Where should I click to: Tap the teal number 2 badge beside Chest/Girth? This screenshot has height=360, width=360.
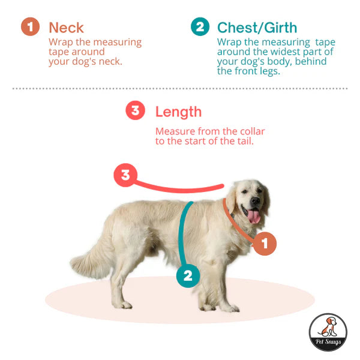(x=200, y=27)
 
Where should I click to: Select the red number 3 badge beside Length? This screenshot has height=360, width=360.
(x=135, y=111)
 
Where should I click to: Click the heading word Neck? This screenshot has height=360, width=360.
(x=66, y=28)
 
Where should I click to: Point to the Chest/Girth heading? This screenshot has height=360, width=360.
(x=257, y=28)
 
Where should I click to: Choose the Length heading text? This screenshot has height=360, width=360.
(x=178, y=112)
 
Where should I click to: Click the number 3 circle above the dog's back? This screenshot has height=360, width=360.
(x=125, y=175)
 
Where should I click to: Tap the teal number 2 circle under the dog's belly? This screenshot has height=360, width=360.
(x=188, y=275)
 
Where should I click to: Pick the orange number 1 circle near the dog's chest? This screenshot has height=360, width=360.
(x=265, y=244)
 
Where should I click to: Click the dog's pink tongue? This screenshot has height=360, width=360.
(x=255, y=217)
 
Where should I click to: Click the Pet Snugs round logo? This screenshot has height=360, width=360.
(x=328, y=332)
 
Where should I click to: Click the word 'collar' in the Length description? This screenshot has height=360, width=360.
(x=250, y=131)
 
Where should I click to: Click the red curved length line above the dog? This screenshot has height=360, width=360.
(x=180, y=189)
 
